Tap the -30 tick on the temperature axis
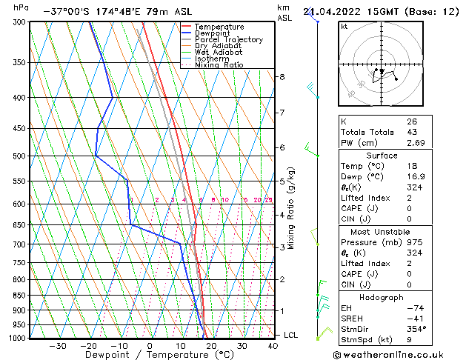click(57, 345)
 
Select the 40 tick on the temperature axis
click(273, 345)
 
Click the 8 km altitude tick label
click(282, 77)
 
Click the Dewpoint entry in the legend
click(213, 33)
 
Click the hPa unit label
click(21, 7)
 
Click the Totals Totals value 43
click(411, 132)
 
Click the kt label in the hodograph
click(344, 27)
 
